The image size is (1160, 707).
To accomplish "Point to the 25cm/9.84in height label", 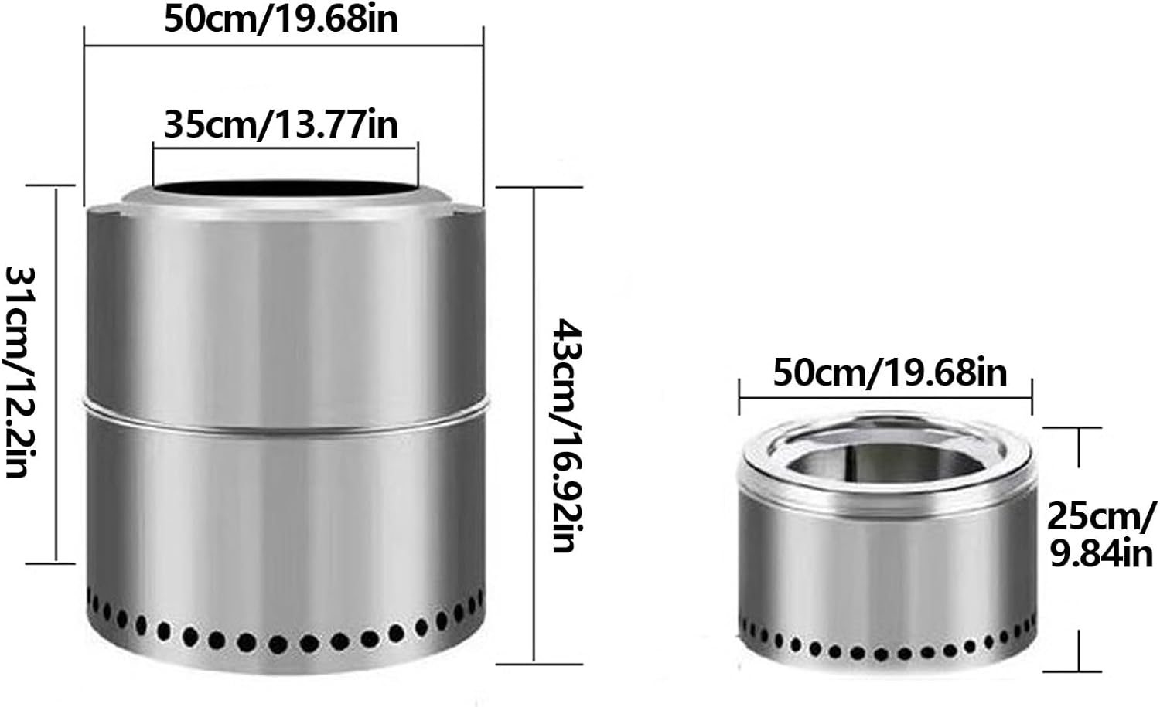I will click(x=1101, y=533).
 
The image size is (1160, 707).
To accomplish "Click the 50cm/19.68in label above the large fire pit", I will click(x=281, y=19).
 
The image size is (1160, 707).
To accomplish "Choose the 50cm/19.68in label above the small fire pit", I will click(x=889, y=372).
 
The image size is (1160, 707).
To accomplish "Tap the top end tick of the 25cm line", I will click(x=1079, y=427).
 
